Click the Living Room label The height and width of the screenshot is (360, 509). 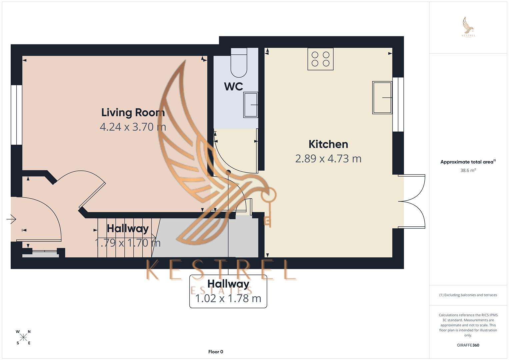(133, 112)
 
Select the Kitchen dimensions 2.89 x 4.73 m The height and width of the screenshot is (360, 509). (328, 158)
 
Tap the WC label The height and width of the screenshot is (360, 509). (233, 86)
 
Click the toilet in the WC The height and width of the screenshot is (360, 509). (239, 63)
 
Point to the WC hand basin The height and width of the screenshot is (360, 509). (251, 105)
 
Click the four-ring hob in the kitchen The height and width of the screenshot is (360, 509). (320, 59)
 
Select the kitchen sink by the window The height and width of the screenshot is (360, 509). (382, 98)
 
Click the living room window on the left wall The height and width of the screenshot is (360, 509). (16, 115)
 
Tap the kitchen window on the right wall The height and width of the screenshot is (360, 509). (398, 104)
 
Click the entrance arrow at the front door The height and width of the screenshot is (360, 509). (11, 219)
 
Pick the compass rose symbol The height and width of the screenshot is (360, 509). (23, 337)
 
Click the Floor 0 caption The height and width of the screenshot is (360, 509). (216, 352)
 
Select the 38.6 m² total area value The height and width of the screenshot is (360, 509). (468, 170)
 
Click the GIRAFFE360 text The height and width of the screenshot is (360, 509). (468, 345)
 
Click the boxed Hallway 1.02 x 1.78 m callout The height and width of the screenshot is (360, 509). (228, 291)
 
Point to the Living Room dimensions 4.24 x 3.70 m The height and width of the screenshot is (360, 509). (133, 127)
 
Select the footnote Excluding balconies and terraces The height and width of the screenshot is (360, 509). (468, 295)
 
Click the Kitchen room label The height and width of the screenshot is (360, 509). (328, 144)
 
